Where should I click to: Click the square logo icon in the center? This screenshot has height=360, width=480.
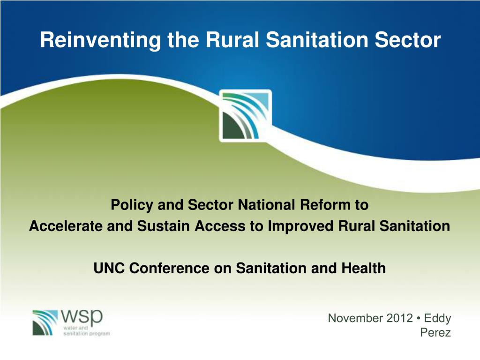point(245,115)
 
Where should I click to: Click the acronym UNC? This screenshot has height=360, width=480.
point(110,268)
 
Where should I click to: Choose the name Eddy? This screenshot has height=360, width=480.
point(437,319)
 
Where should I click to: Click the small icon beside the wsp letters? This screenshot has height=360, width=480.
point(45,322)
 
